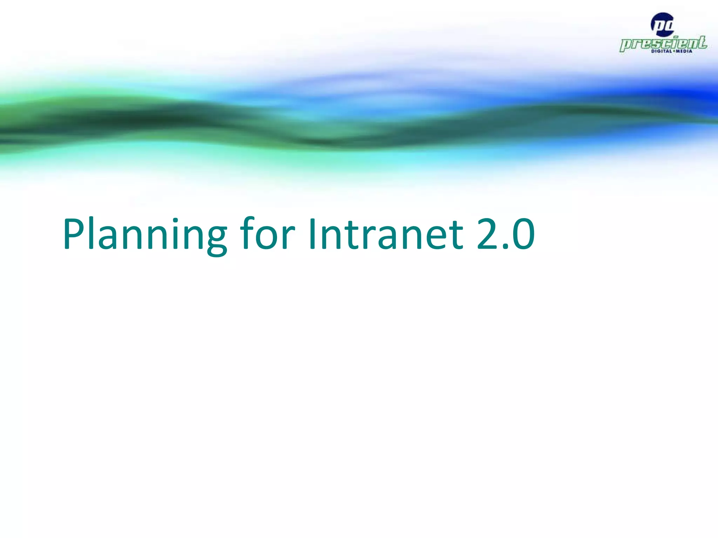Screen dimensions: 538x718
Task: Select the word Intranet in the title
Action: point(386,234)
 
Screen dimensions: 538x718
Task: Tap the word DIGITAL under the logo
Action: point(662,51)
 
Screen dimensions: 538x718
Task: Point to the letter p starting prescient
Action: point(626,46)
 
